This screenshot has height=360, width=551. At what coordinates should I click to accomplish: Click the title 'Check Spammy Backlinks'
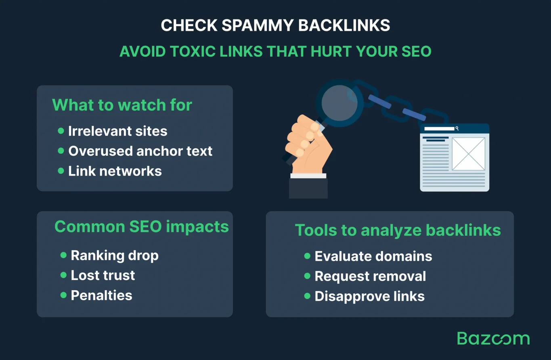coord(275,26)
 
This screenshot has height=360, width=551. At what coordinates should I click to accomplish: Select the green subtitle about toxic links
coord(275,51)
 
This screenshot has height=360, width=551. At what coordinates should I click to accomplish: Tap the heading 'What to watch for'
coord(122,105)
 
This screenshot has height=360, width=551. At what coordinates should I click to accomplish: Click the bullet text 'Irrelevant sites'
coord(117,131)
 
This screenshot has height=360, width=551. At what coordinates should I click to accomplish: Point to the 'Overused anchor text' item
coord(140,151)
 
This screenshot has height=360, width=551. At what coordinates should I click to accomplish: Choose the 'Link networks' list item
coord(115,171)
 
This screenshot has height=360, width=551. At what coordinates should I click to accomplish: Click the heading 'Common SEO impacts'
coord(141,227)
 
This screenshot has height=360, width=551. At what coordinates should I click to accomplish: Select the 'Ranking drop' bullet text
coord(115,255)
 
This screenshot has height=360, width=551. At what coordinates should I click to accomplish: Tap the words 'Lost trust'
coord(103,275)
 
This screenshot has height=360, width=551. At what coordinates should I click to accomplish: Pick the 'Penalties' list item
coord(101,295)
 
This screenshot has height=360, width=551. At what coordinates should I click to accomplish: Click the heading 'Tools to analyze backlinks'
coord(398,230)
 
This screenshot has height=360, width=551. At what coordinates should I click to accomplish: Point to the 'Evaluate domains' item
coord(373,256)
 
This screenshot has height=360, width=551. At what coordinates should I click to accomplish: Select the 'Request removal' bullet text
coord(370,276)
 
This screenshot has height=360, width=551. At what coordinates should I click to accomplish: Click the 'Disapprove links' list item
coord(369,297)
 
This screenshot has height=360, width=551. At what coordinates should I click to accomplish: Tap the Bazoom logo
coord(493,339)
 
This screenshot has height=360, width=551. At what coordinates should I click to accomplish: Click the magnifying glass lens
coord(339,102)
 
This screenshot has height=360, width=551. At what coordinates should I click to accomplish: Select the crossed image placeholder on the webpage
coord(468,154)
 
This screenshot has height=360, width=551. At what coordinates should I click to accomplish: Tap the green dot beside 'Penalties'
coord(63,295)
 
